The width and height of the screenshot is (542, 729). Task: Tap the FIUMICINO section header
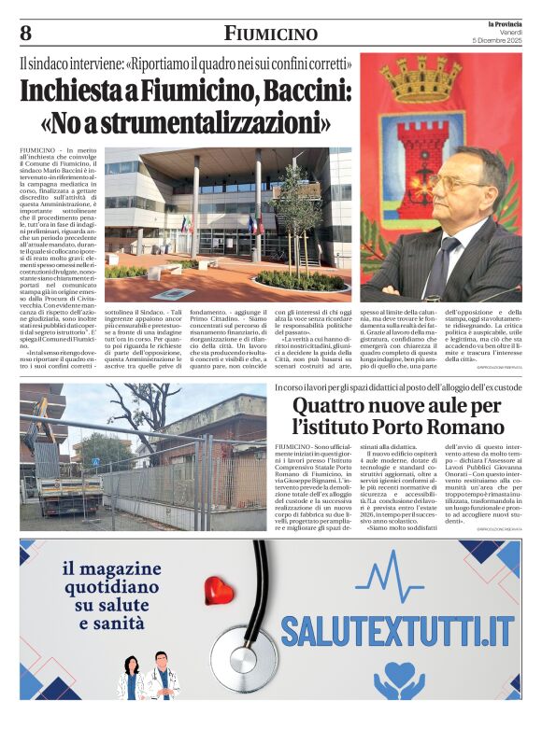click(271, 35)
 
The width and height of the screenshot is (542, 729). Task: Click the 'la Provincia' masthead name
click(506, 22)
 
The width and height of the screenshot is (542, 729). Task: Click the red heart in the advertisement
click(220, 590)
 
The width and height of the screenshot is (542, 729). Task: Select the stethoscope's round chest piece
click(243, 658)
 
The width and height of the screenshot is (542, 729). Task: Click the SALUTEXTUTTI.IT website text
click(398, 630)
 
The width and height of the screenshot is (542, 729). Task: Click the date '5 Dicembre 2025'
click(500, 40)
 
